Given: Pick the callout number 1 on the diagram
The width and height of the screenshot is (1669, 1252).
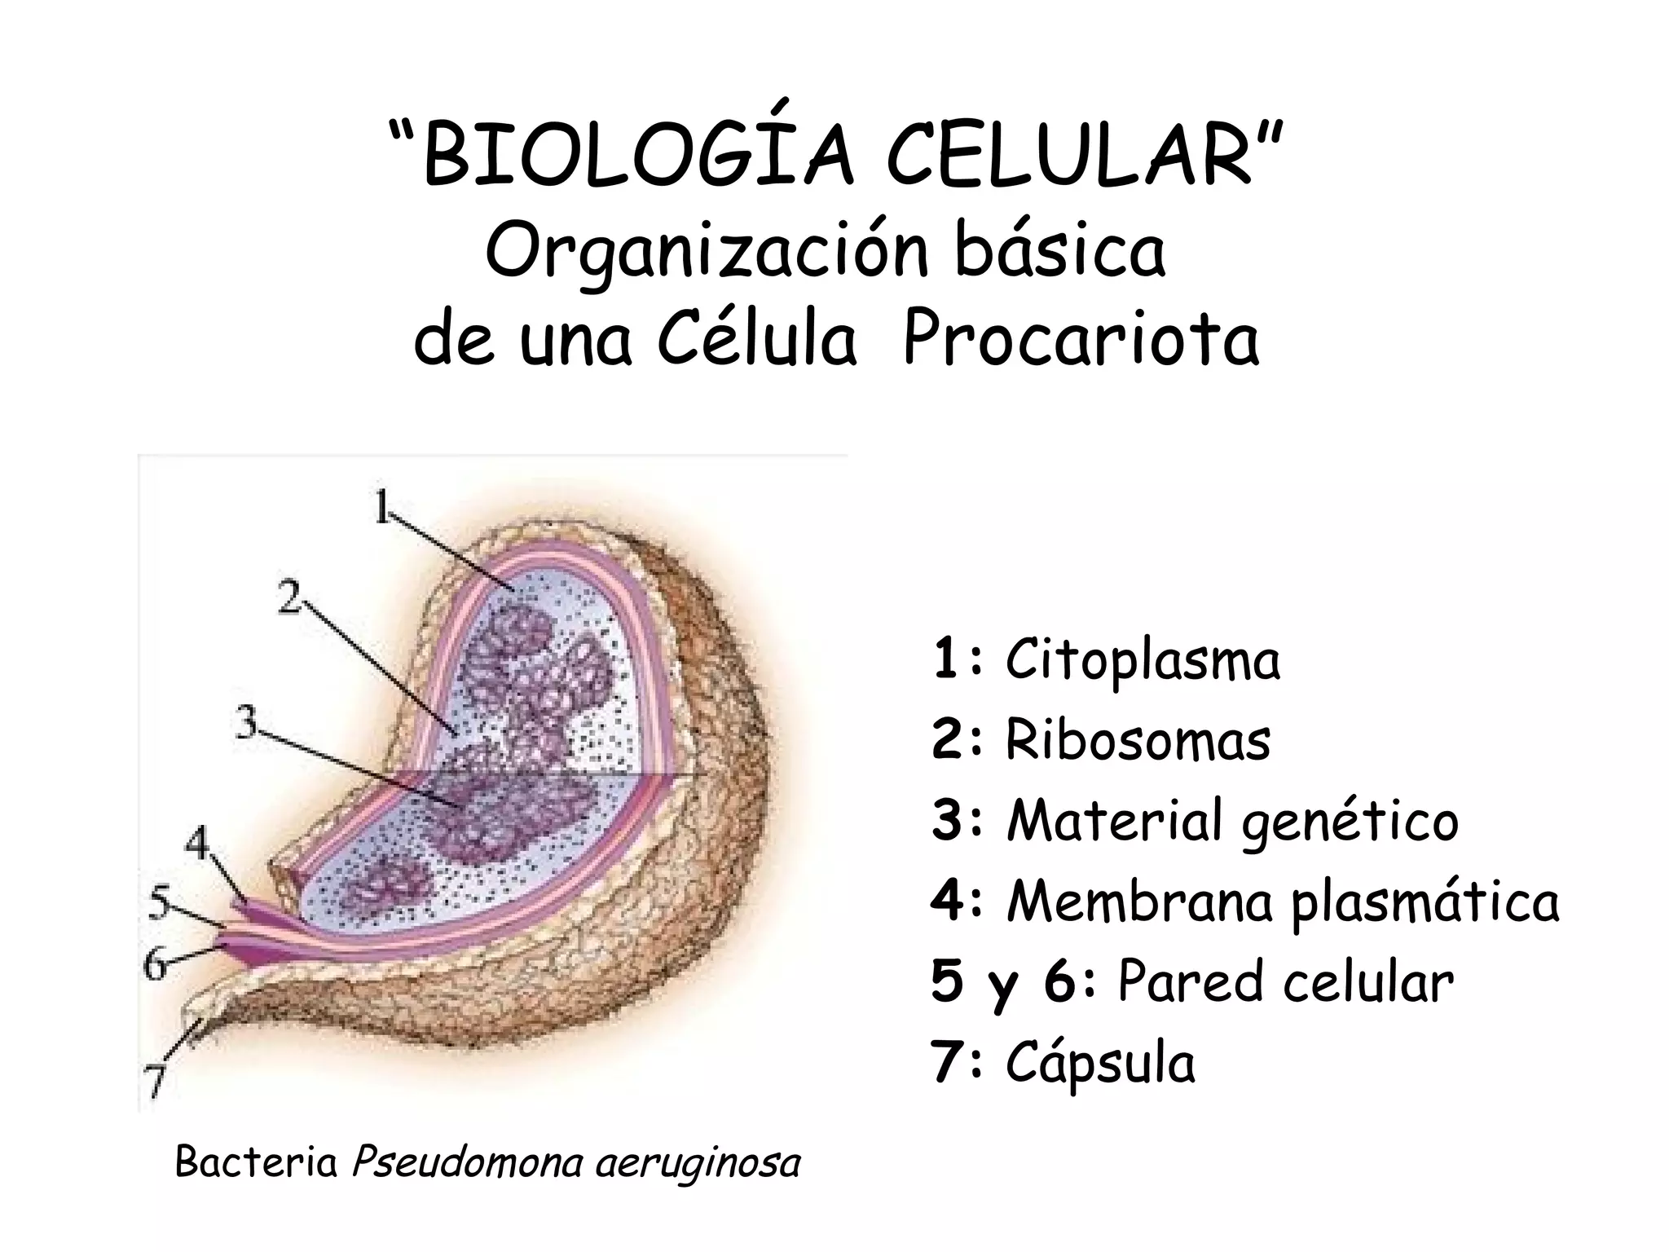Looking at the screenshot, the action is point(382,509).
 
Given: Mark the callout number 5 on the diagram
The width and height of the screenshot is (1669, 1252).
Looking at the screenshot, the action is point(161,902).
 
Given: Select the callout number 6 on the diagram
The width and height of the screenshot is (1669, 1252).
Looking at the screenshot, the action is point(156,965).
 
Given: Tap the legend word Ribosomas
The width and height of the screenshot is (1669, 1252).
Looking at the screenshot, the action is point(1138,740).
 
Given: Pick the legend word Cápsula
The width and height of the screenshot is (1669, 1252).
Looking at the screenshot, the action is point(1100,1063).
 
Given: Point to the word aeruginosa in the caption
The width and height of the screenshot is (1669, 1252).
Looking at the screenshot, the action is point(698,1162).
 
